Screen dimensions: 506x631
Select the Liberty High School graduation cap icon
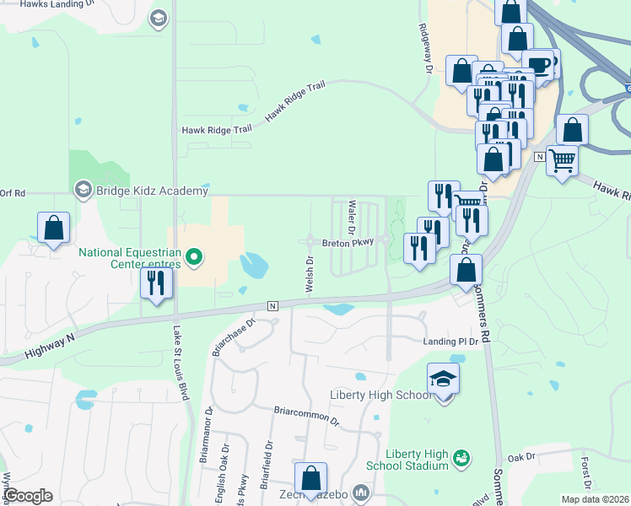(444, 380)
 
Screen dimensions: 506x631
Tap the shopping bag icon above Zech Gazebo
(310, 478)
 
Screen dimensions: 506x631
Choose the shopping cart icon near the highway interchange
(562, 159)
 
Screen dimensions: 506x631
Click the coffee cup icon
(537, 65)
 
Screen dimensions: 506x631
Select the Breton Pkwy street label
(348, 242)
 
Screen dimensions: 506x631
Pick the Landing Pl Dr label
(450, 342)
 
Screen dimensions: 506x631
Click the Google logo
(28, 495)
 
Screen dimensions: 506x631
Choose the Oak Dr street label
(522, 457)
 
